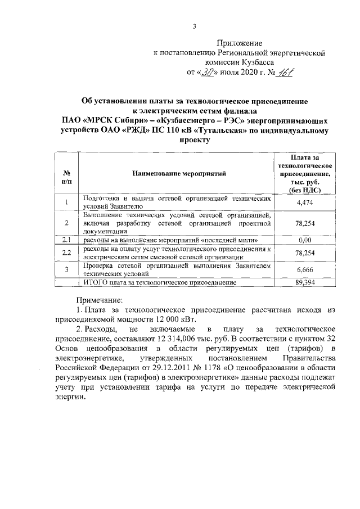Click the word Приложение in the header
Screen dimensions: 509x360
pos(240,43)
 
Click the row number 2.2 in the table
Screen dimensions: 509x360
pos(66,252)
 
